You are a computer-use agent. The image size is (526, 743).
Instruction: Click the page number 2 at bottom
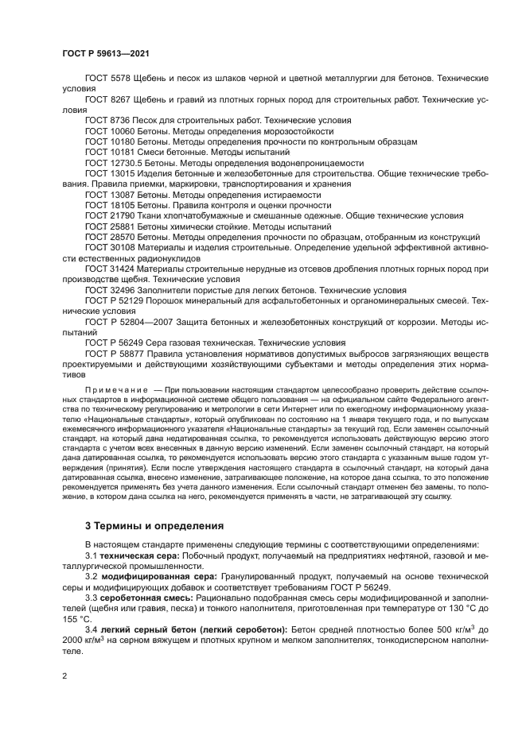[65, 676]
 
